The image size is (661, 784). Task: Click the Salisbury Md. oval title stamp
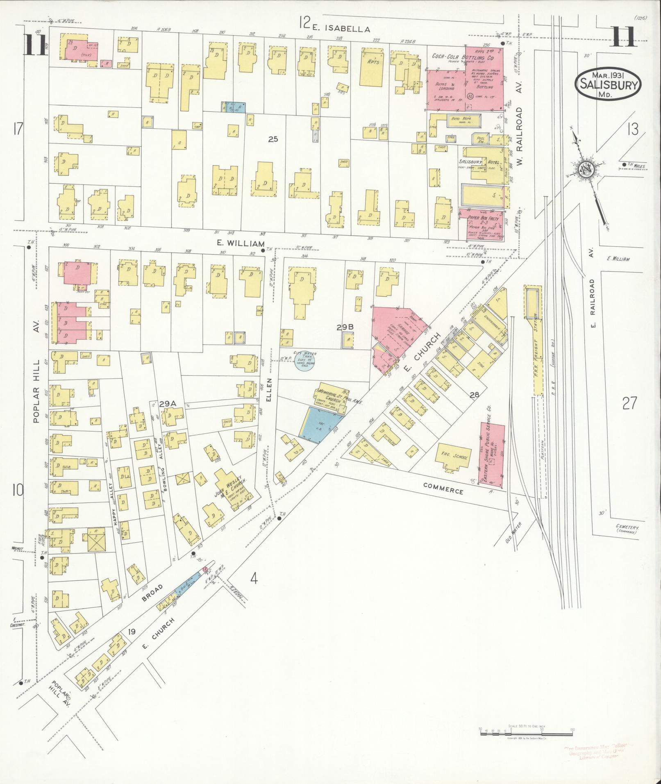[608, 83]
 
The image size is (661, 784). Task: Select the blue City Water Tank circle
[304, 361]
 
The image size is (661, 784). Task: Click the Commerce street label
[443, 488]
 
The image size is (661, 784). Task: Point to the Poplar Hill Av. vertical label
[36, 391]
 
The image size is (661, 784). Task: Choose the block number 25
[273, 139]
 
